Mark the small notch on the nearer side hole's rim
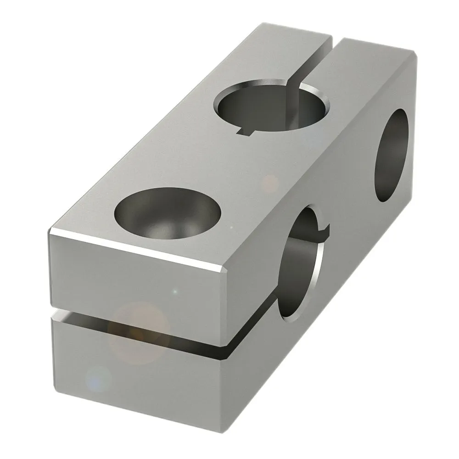325,228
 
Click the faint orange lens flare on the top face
270,184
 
